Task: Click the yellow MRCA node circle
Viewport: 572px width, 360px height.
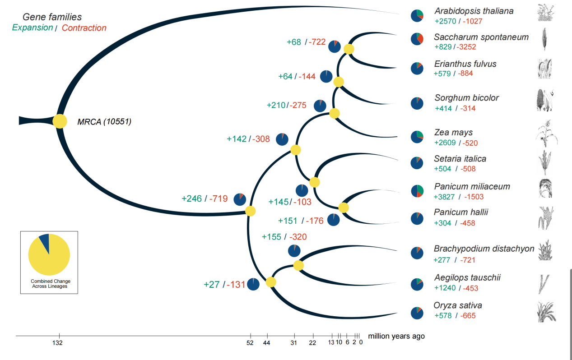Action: click(60, 121)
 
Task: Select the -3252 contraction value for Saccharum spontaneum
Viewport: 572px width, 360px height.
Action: click(465, 47)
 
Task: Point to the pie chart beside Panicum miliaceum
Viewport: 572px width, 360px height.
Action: click(417, 191)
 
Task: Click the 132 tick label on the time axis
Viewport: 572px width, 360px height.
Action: click(57, 343)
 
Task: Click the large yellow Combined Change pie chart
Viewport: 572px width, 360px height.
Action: click(49, 255)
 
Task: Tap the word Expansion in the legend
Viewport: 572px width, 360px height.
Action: click(33, 28)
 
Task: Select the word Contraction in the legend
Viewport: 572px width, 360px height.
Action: click(84, 28)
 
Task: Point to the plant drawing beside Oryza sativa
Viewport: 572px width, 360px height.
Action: click(546, 312)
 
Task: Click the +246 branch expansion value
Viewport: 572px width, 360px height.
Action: click(191, 198)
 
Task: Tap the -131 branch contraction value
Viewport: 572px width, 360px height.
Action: click(236, 285)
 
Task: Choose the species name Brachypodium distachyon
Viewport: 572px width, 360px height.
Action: click(484, 249)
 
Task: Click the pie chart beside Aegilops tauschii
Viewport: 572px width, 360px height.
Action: click(417, 284)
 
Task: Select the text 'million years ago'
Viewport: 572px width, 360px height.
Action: click(396, 336)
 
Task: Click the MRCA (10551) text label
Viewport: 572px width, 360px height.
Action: click(104, 121)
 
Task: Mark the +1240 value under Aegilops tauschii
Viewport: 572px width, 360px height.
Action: click(445, 288)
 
